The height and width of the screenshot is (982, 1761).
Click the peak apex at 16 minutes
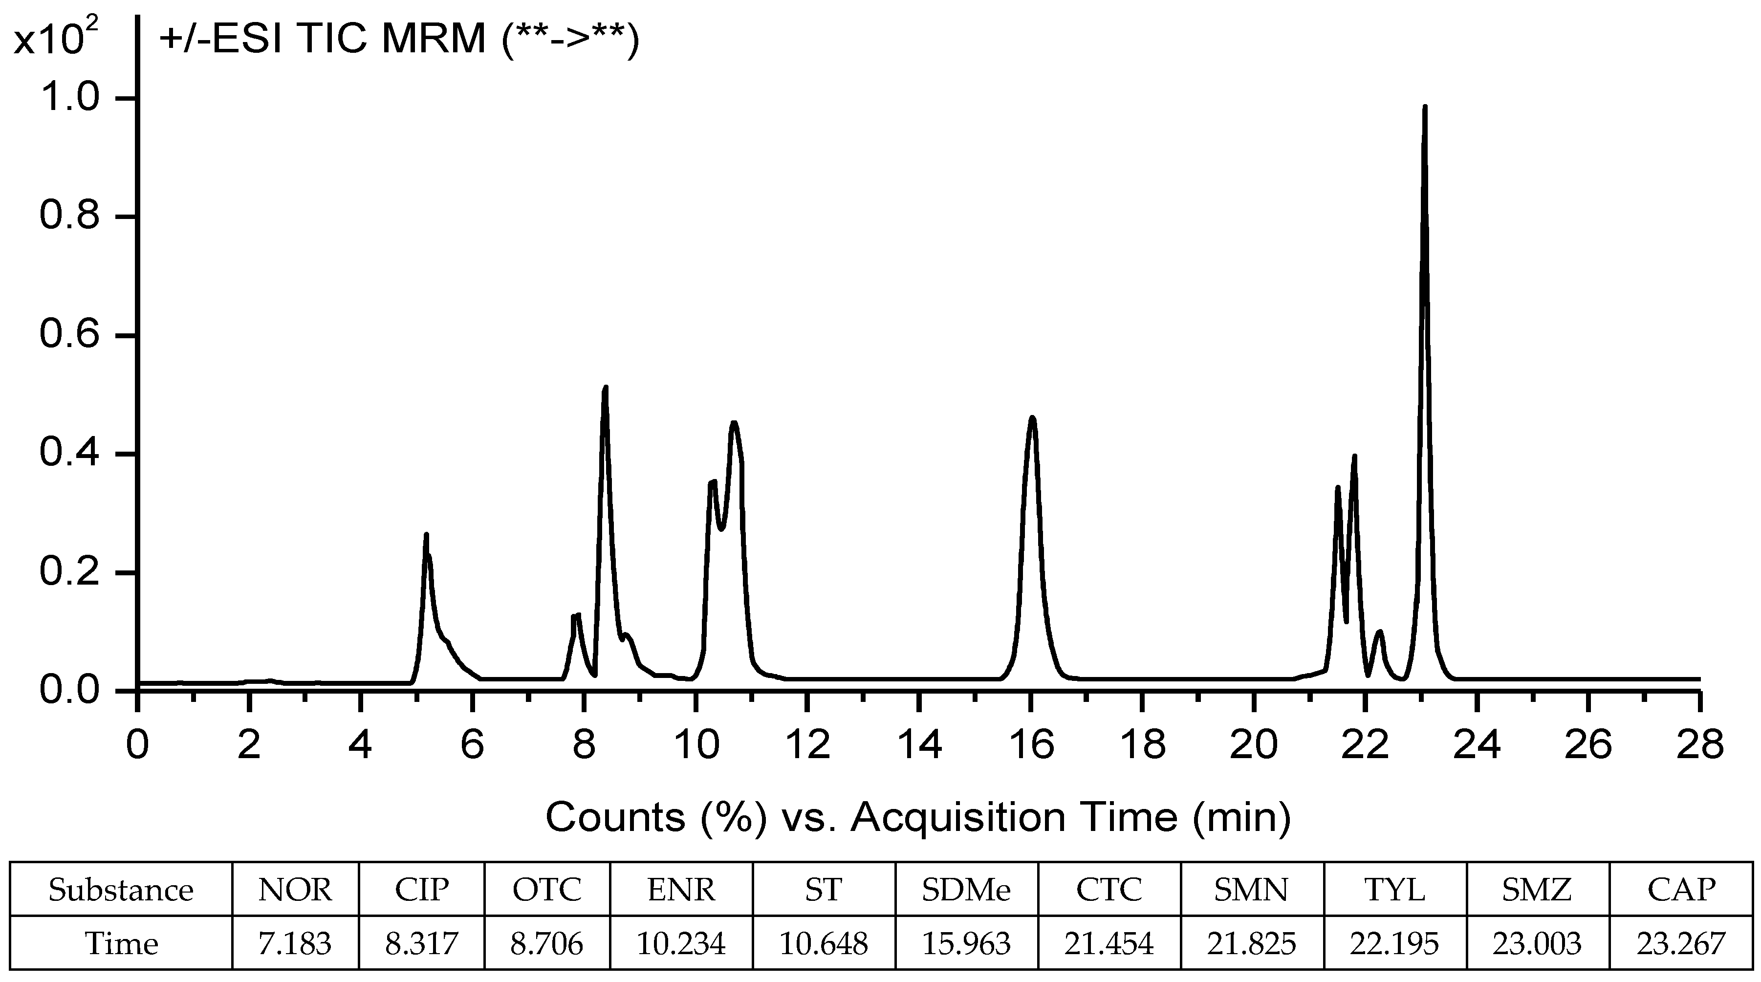(x=1032, y=418)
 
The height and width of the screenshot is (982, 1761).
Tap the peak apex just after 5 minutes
(x=426, y=535)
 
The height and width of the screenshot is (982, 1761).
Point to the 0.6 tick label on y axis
(x=68, y=336)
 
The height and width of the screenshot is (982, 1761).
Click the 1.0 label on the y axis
(x=68, y=98)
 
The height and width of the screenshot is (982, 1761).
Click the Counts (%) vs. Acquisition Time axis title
(x=918, y=816)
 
